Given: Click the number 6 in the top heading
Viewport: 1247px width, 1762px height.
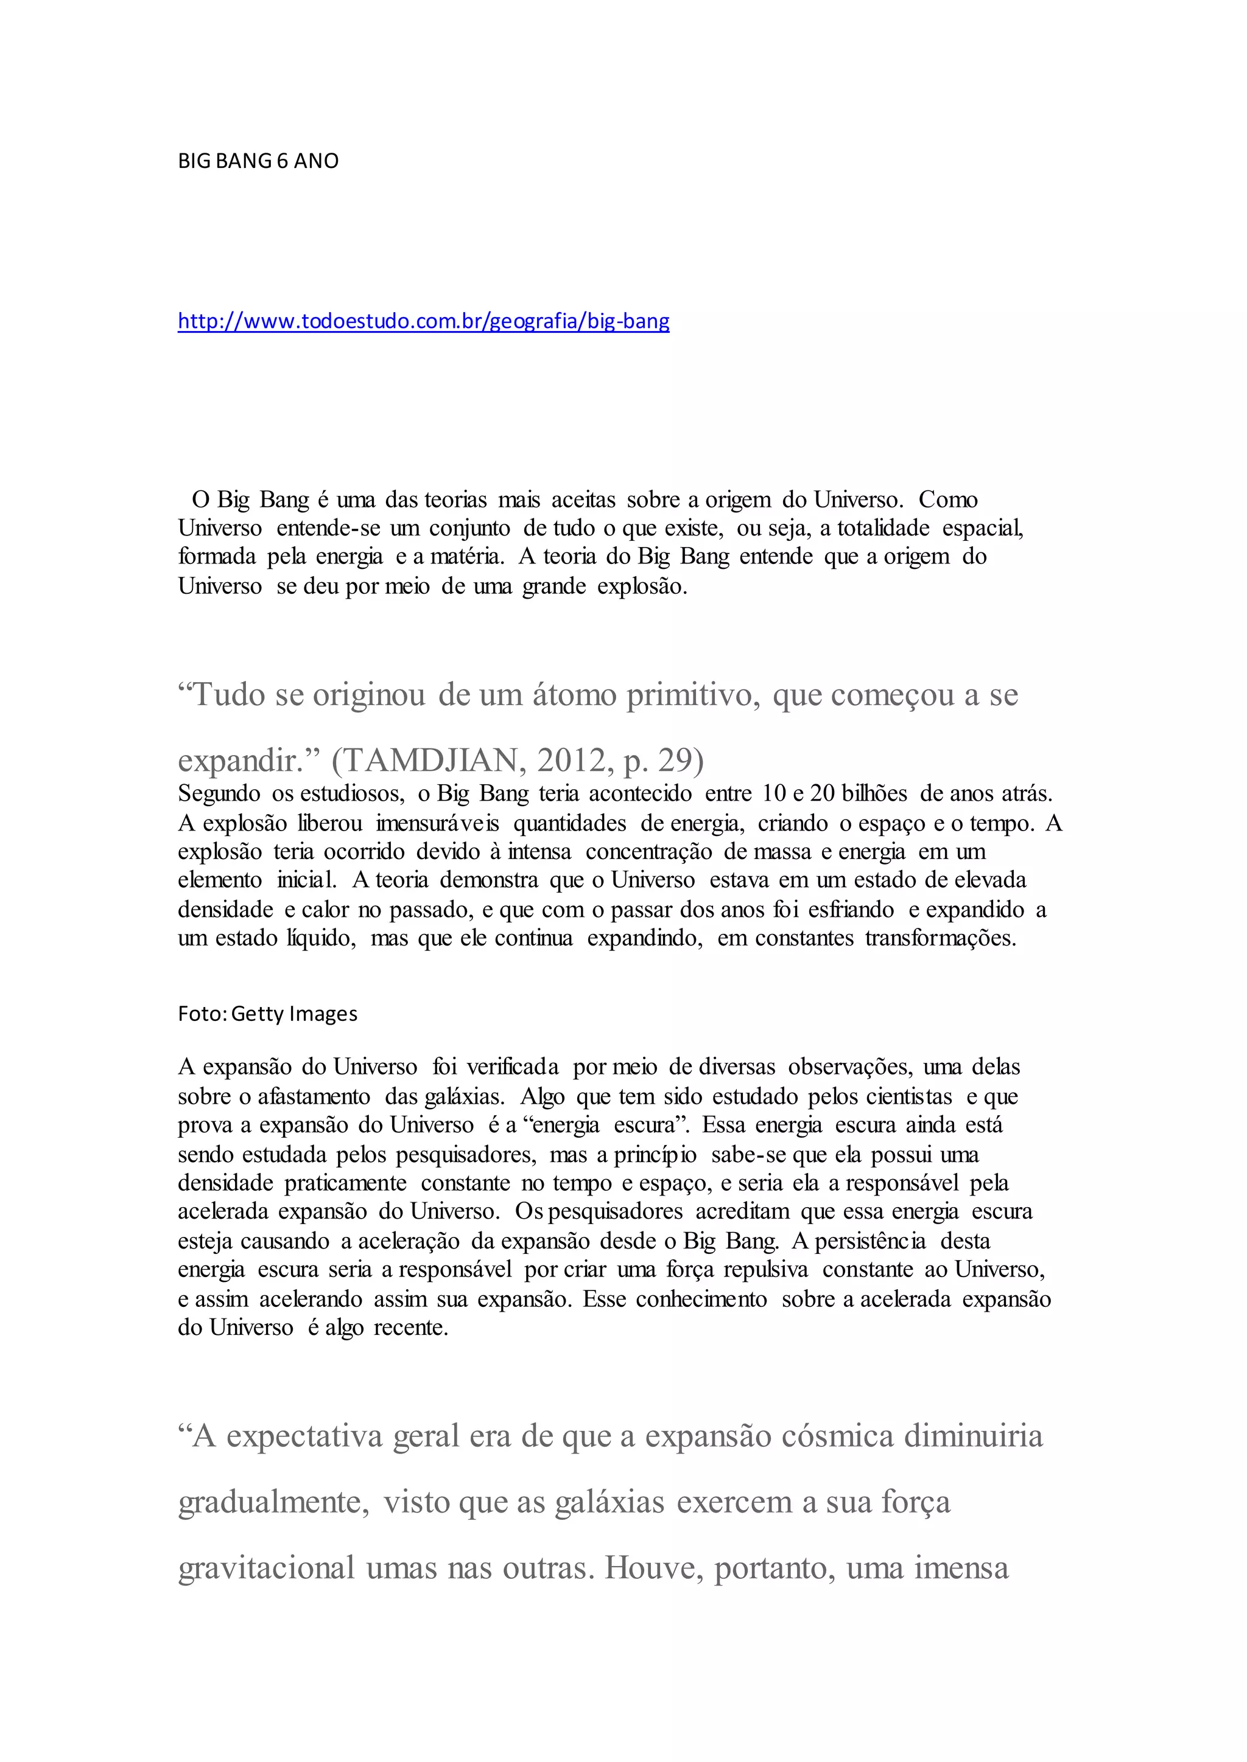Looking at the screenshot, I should pos(282,161).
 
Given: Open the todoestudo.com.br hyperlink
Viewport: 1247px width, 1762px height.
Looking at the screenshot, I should pos(423,321).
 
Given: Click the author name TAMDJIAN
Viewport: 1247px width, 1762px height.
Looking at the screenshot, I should pos(435,761).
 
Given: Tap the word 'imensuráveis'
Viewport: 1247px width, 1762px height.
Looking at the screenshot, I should pos(437,823).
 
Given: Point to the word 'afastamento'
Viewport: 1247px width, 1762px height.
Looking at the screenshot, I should pos(314,1096).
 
